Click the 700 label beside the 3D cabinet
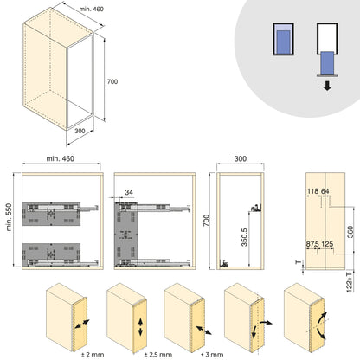111,83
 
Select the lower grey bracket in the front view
51,252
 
